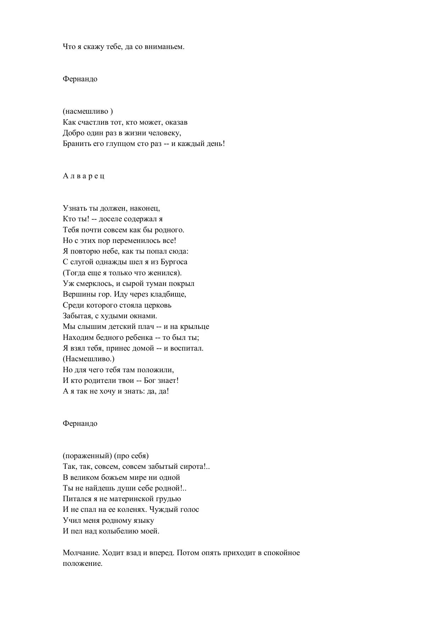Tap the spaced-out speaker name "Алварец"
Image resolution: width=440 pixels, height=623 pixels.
click(x=84, y=176)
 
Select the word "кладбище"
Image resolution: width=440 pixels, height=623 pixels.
click(x=170, y=294)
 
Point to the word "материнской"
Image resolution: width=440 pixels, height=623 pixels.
click(x=135, y=499)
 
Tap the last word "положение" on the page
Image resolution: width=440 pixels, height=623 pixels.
click(x=82, y=564)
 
